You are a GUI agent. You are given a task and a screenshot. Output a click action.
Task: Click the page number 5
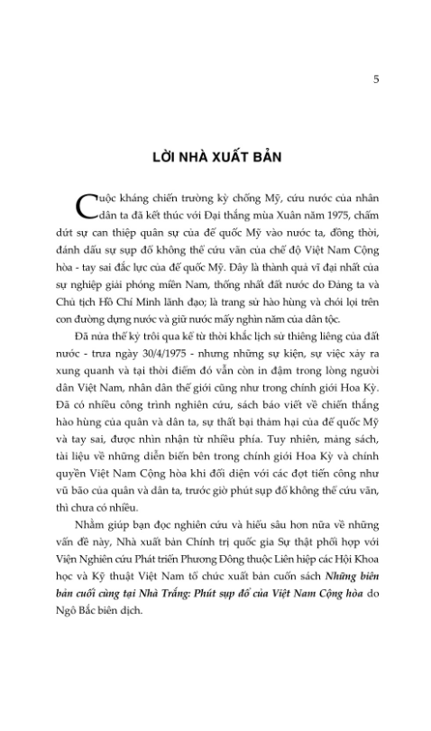point(376,79)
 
